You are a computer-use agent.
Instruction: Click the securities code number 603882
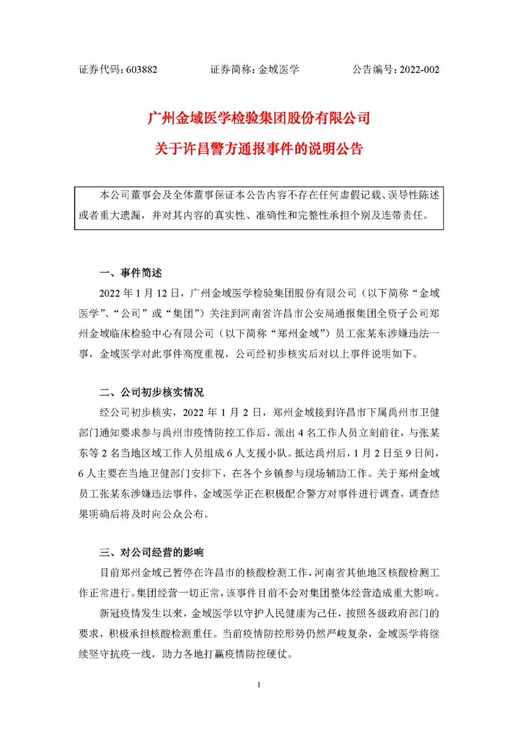coord(142,70)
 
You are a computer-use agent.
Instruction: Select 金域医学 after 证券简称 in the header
coord(279,70)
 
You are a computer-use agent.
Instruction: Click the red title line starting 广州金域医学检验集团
coord(259,118)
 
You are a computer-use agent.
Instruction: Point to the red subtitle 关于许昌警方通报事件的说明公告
coord(259,149)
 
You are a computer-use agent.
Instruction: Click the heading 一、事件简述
coord(130,273)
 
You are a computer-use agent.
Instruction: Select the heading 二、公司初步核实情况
coord(152,392)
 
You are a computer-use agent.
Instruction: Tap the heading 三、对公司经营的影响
coord(152,552)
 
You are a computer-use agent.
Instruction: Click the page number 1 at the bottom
coord(259,685)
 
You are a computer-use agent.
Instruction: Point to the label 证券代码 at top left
coord(100,70)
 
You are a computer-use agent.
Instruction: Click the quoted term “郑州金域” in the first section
coord(300,334)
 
